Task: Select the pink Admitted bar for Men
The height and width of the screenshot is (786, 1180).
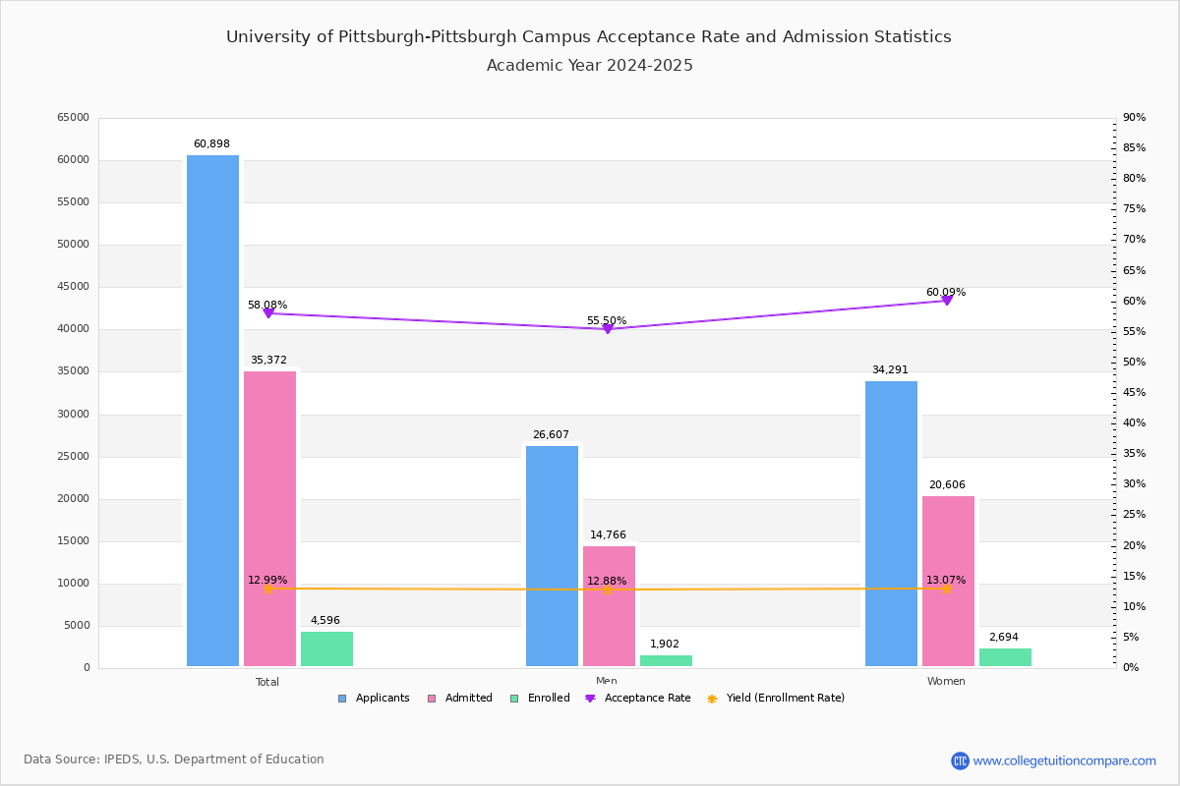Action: tap(609, 606)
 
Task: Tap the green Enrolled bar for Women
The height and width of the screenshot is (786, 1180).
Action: tap(1005, 657)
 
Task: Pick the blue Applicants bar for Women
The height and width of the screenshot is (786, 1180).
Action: tap(891, 524)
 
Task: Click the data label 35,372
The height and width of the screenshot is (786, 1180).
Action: tap(268, 361)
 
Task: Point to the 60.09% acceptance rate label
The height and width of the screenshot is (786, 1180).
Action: tap(945, 292)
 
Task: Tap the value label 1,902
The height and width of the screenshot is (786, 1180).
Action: tap(665, 645)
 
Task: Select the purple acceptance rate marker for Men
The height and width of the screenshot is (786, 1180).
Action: tap(608, 329)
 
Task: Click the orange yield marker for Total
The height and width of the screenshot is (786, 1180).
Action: tap(268, 589)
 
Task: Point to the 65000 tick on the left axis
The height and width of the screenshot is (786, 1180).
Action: tap(73, 118)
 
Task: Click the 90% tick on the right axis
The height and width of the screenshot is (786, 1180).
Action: tap(1134, 118)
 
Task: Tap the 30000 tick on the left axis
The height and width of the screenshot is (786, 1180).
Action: tap(73, 415)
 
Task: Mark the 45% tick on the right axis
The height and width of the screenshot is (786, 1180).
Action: tap(1134, 393)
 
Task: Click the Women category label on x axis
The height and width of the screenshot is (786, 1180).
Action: tap(946, 682)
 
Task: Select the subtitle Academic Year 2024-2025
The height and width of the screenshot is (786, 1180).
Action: tap(590, 66)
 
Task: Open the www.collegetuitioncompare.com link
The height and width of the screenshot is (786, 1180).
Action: tap(1064, 760)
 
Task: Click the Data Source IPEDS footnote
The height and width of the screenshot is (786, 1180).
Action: tap(174, 759)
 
